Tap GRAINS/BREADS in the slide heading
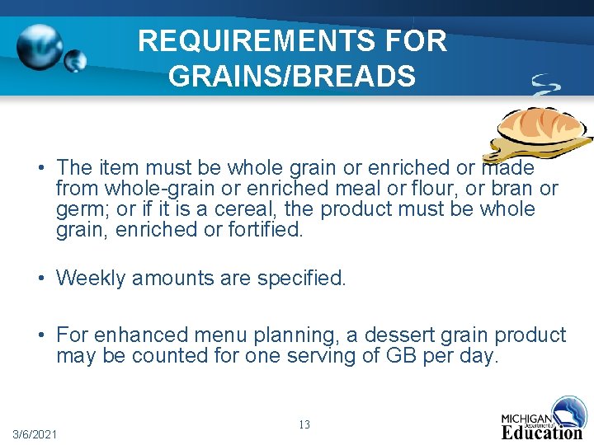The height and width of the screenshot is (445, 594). point(291,76)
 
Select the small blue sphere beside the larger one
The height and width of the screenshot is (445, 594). point(76,61)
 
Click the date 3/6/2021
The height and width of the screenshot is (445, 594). point(35,433)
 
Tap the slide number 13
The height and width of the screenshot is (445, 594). point(304,424)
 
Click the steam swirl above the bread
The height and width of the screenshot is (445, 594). point(545,85)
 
